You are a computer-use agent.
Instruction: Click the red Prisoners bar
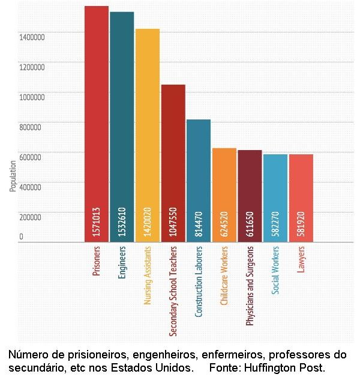coord(96,120)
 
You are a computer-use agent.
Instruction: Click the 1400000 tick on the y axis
coord(32,37)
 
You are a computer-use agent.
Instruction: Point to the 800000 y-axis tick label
coord(32,127)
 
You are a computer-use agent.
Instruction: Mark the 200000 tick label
coord(32,217)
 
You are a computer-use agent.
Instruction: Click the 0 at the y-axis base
coord(21,237)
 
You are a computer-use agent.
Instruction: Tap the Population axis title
coord(13,176)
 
